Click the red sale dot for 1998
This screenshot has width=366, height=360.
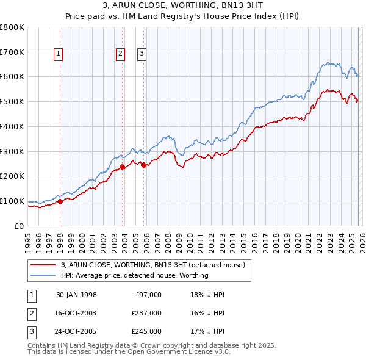tap(60, 201)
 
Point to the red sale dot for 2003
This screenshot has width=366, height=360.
tap(122, 166)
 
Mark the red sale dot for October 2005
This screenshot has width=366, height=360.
tap(144, 164)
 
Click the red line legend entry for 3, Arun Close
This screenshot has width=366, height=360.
tap(152, 265)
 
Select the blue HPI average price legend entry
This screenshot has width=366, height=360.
tap(134, 275)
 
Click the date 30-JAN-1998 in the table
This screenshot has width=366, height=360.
tap(76, 295)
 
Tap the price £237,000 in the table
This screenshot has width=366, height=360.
tap(146, 313)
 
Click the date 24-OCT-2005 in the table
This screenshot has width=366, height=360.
tap(76, 331)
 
